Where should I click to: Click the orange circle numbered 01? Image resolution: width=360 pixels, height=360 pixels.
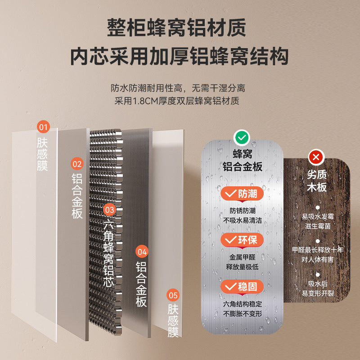coord(43,127)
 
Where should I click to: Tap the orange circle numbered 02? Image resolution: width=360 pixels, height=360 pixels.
coord(77,164)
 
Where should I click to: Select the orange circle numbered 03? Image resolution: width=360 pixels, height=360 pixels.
coord(109,210)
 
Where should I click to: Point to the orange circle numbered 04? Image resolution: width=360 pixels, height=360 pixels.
coord(142,252)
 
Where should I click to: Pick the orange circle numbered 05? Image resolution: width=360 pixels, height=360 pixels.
coord(173,295)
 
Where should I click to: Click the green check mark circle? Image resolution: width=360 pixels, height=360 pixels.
coord(242,138)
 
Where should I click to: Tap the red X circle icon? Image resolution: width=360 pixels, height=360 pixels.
coord(316,157)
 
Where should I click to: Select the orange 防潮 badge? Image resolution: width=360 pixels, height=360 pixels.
coord(242,194)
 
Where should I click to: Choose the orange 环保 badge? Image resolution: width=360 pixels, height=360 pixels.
coord(242,240)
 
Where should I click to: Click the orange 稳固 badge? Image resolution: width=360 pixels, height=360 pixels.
coord(242,287)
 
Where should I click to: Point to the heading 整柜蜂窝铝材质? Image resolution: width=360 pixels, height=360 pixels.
coord(176,28)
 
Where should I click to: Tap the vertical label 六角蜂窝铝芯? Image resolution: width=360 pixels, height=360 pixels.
coord(109,252)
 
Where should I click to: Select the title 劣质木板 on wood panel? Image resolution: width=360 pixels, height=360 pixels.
coord(317,181)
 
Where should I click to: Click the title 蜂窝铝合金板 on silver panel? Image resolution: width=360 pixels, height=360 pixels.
coord(242,160)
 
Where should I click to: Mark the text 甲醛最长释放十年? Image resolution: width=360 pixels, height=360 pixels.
coord(318,250)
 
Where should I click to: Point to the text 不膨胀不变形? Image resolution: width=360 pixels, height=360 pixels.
coord(243,314)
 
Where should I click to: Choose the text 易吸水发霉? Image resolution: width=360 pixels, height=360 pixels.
coord(318,216)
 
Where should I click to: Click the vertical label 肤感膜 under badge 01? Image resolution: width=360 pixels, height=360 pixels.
coord(42,154)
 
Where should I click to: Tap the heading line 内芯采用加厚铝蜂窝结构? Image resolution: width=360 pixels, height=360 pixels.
coord(179,56)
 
